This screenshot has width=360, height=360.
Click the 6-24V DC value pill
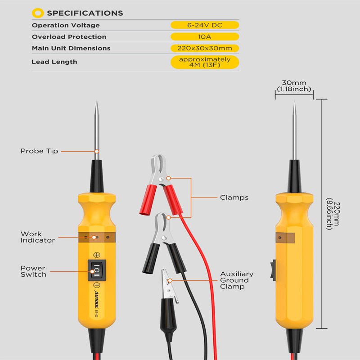point(205,25)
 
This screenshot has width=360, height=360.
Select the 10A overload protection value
point(205,37)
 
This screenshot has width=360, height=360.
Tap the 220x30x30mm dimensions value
point(205,48)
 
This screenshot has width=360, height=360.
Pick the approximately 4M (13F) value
point(205,62)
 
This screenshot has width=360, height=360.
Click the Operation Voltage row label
point(66,25)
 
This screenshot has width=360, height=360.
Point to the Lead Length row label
point(54,62)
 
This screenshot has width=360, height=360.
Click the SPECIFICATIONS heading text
point(85,13)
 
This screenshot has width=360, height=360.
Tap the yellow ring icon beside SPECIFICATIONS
point(39,13)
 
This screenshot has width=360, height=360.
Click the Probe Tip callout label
point(39,151)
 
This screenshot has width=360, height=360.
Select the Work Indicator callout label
point(38,237)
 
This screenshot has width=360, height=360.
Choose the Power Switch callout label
point(33,271)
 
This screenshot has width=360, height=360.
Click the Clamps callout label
point(234,198)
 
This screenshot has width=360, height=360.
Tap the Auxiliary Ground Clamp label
point(237,280)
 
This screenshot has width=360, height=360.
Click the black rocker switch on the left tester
point(97,270)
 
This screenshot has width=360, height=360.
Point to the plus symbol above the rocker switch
point(97,255)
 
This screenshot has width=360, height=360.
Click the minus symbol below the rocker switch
point(97,286)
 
